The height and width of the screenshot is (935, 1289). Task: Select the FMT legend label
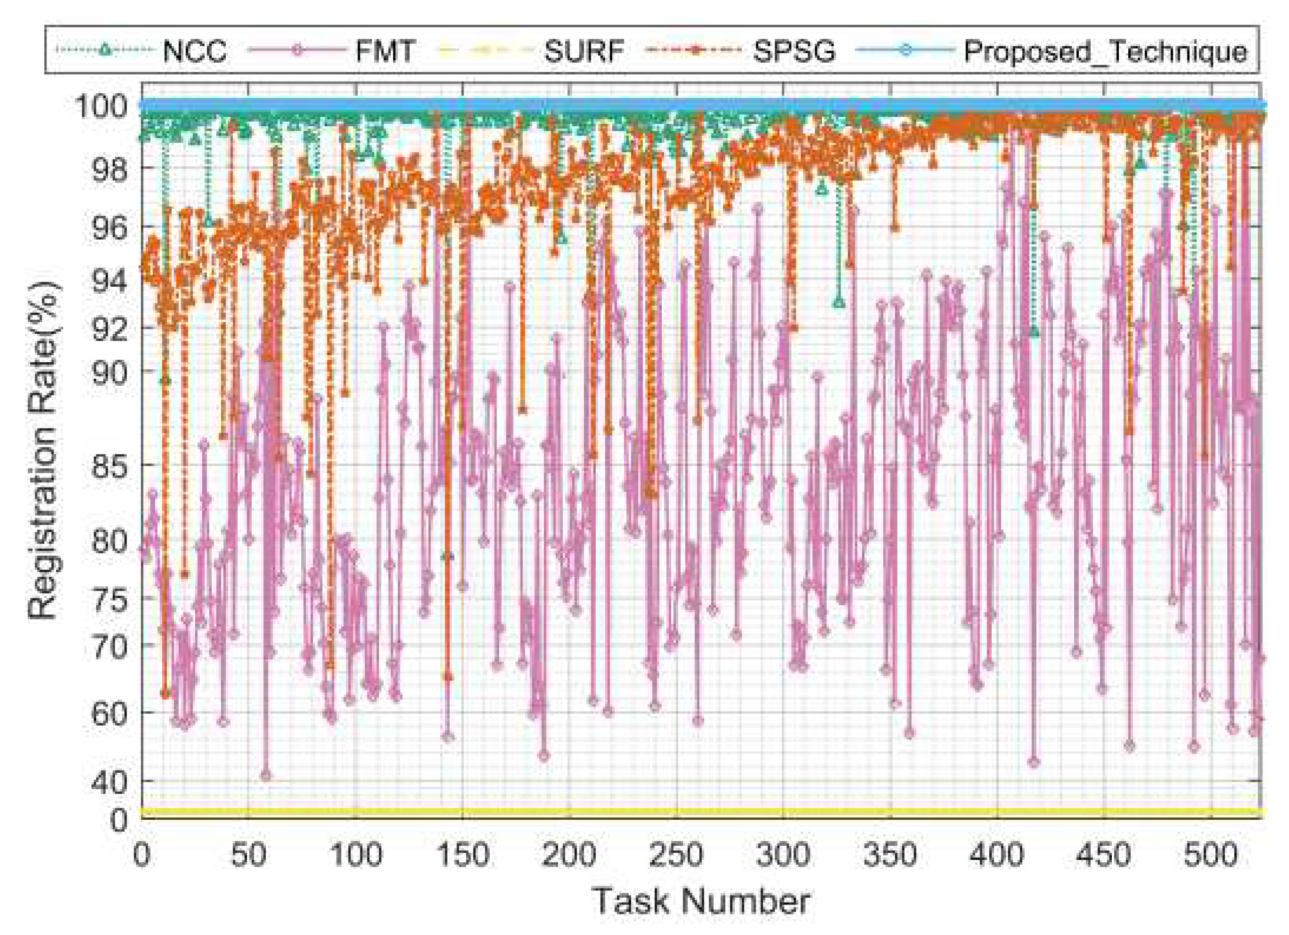point(385,51)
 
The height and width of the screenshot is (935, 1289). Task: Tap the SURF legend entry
point(584,51)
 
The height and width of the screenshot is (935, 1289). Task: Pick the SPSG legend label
point(794,51)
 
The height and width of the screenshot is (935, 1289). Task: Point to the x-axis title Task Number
point(701,901)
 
